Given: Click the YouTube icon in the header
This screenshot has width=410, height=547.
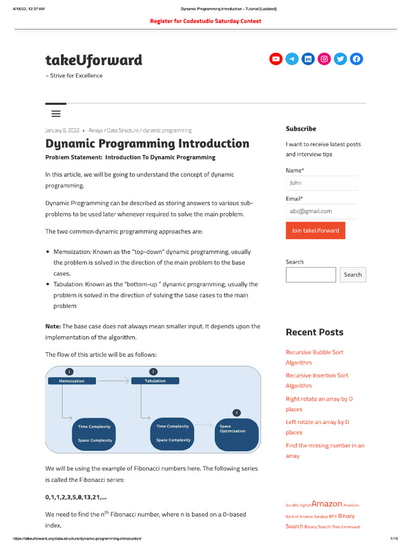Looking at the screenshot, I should tap(275, 59).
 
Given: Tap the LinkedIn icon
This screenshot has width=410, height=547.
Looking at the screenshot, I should tap(308, 59).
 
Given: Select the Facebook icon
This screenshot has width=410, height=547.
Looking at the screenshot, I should tap(357, 59).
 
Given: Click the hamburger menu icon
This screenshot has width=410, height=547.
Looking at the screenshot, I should tap(56, 114).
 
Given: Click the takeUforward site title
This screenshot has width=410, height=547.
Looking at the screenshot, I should tap(94, 60).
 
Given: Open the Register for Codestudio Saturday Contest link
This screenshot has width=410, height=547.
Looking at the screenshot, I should tap(206, 21).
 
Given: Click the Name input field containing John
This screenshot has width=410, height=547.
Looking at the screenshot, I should tap(321, 183).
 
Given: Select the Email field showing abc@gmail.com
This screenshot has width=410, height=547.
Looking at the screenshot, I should tap(321, 211).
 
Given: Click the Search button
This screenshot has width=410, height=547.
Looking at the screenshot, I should tap(352, 275).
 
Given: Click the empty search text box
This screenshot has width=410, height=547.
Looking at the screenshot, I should tap(311, 275).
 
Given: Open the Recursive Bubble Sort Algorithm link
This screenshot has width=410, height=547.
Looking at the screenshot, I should tap(314, 357).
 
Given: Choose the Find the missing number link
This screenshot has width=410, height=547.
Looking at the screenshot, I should tap(325, 450).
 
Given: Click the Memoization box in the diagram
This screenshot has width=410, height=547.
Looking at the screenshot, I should tap(72, 381).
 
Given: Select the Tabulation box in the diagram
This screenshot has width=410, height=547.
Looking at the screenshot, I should tap(155, 381).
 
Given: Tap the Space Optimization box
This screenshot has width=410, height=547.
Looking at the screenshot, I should tap(236, 434).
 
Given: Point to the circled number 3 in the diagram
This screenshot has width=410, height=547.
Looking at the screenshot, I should tap(236, 412).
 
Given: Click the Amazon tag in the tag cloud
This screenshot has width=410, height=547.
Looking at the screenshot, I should tap(327, 504).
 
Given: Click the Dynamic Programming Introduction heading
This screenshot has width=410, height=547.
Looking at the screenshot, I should tap(147, 144).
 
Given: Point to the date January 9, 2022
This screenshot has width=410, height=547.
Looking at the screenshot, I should tap(63, 130).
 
